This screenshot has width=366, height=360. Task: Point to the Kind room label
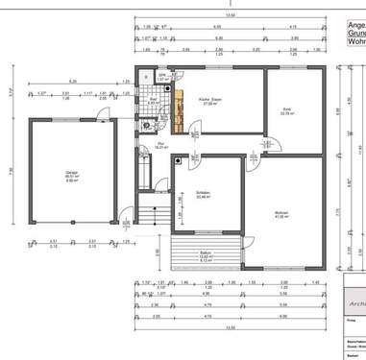coord(285,111)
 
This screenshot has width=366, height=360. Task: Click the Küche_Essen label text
coord(211,101)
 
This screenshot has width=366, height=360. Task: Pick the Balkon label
coord(204,254)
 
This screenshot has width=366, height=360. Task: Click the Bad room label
coord(153,100)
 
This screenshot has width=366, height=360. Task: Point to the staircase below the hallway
coord(148,217)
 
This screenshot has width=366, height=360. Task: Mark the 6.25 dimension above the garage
coord(73,83)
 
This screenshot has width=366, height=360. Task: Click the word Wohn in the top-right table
coord(355,42)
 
